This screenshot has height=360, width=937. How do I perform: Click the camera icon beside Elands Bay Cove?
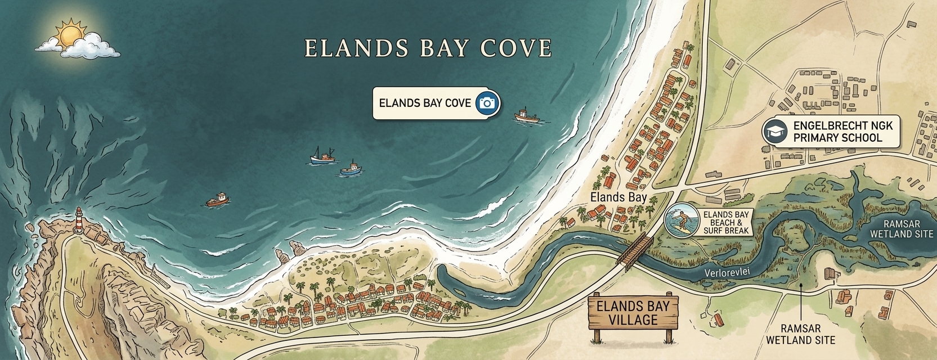[x=487, y=103]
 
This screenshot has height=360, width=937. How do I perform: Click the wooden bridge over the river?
[x=635, y=250]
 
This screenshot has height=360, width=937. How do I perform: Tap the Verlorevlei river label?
[x=728, y=273]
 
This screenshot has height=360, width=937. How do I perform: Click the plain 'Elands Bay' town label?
[x=618, y=197]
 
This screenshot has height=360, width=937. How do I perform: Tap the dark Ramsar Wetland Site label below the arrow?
[x=800, y=334]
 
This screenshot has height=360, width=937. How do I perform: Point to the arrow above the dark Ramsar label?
[x=800, y=301]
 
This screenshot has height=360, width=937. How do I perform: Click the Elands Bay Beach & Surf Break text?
[x=727, y=223]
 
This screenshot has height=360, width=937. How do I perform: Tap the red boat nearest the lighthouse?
[x=218, y=200]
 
